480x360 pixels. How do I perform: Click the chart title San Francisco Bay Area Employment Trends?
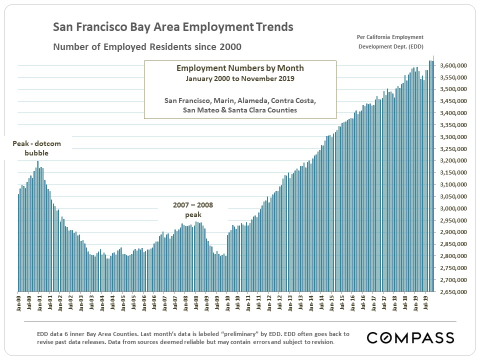(x=173, y=27)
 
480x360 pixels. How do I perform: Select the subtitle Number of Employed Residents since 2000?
(x=147, y=47)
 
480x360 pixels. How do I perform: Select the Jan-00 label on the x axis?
(x=19, y=302)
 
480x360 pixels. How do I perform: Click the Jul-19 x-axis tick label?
(x=426, y=302)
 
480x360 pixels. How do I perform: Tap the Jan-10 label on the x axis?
(x=227, y=302)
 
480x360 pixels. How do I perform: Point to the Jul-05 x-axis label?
(x=133, y=302)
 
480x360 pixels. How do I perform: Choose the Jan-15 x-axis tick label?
(x=332, y=302)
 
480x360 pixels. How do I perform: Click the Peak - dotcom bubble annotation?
(x=36, y=148)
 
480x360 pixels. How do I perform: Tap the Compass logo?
(x=410, y=337)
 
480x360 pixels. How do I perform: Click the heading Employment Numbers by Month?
(x=240, y=68)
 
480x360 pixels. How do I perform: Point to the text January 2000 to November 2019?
(x=240, y=78)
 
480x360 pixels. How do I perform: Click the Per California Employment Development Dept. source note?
(x=389, y=42)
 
